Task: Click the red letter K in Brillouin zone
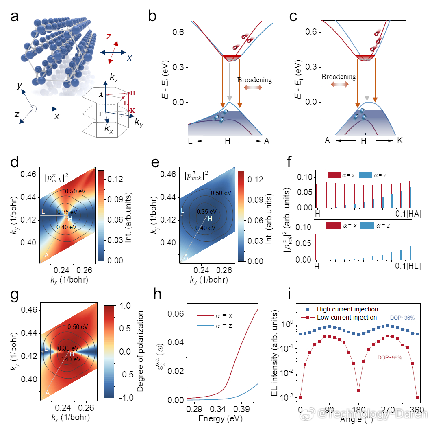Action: pyautogui.click(x=133, y=111)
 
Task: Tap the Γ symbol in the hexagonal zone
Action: pyautogui.click(x=100, y=114)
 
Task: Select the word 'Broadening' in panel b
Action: pyautogui.click(x=254, y=80)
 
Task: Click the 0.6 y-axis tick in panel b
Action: pyautogui.click(x=179, y=33)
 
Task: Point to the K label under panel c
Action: pyautogui.click(x=401, y=140)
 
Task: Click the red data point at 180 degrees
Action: pyautogui.click(x=358, y=390)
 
